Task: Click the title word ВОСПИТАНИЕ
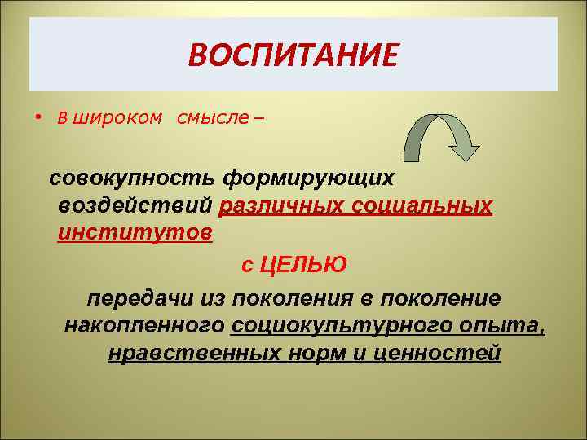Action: pos(293,55)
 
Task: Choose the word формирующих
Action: pos(309,177)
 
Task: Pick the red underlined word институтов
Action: pos(135,233)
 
